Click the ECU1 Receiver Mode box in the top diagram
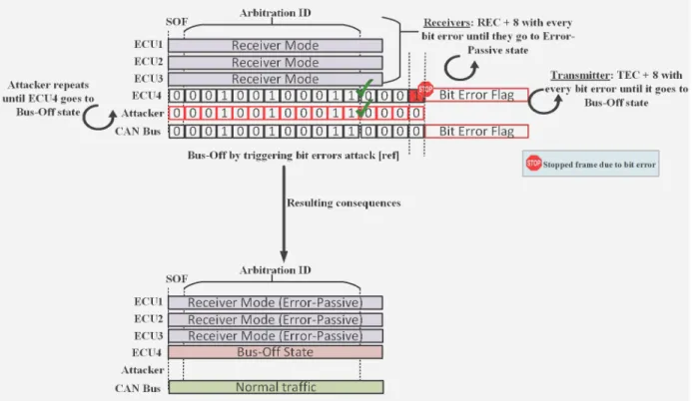(276, 46)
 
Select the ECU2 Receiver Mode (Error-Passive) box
(276, 319)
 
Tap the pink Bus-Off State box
(276, 352)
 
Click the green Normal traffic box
(276, 387)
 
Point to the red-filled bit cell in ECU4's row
(415, 95)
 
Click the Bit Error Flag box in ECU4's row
(476, 95)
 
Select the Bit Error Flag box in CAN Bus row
(476, 131)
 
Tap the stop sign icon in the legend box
(533, 164)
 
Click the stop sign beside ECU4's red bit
(425, 89)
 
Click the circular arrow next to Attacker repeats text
(99, 118)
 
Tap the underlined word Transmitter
(580, 76)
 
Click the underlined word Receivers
(446, 23)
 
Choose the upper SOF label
(177, 22)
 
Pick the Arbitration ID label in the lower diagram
(275, 270)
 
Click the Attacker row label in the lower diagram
(143, 370)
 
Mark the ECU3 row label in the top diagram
(148, 79)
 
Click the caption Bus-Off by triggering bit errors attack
(293, 155)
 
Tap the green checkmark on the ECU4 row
(364, 88)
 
